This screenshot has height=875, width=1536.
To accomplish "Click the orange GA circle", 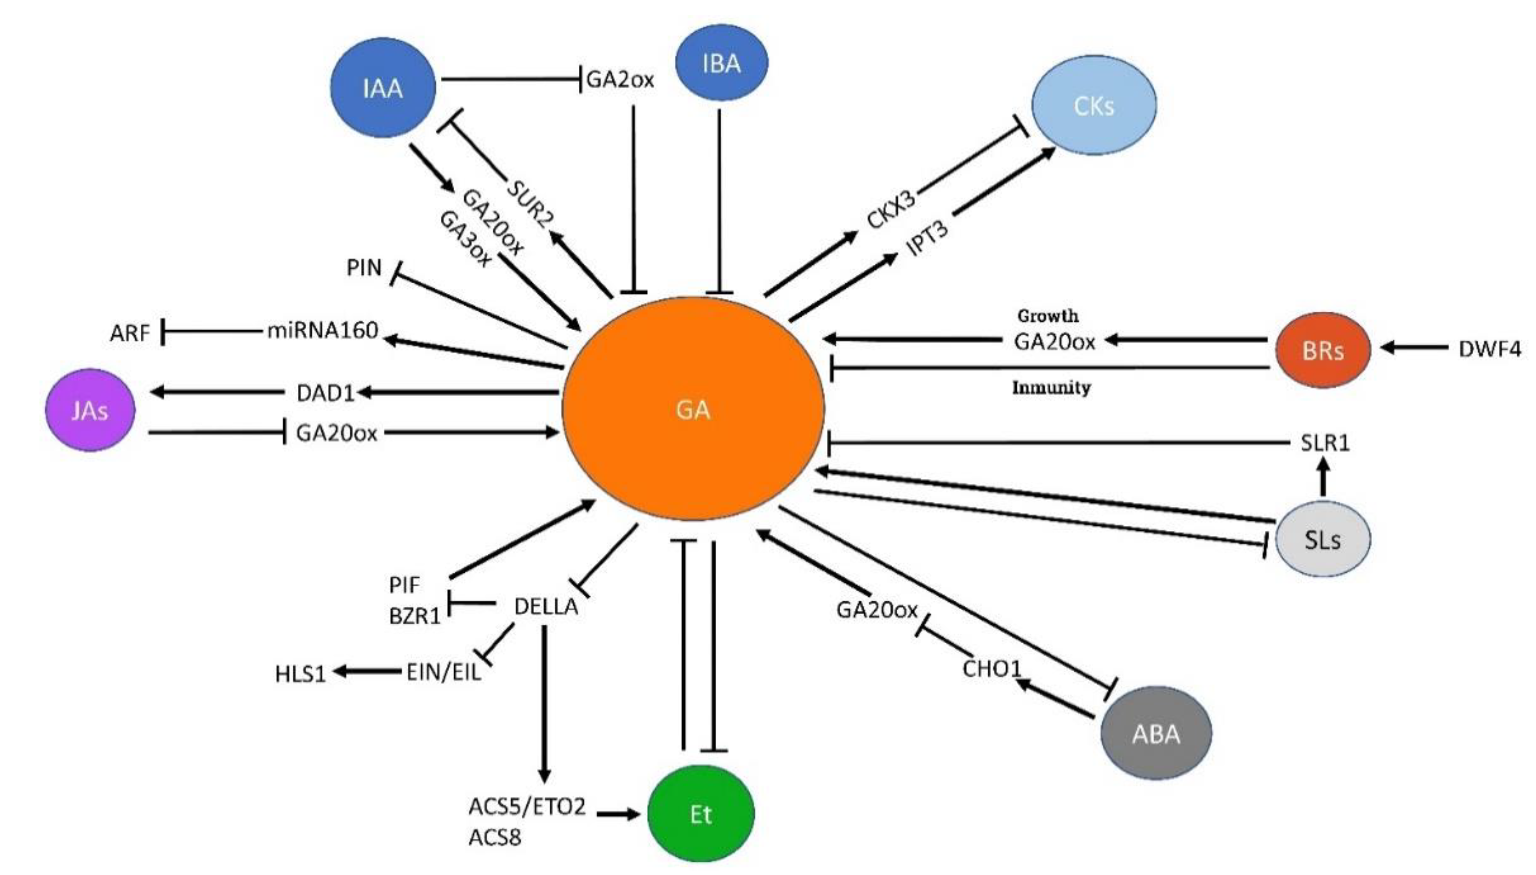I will point(693,409).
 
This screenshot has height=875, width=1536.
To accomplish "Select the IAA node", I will point(383,88).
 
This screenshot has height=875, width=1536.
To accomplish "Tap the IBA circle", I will point(721,63).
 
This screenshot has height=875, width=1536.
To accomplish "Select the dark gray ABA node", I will point(1156,733).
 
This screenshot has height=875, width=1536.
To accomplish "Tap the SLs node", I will point(1322,539).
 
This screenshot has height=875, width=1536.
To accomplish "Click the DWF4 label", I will point(1490,348).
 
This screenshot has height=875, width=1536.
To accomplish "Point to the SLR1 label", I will point(1325,443).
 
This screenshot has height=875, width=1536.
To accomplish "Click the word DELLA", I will point(546,607).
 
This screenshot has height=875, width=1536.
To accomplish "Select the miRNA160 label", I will point(323,330).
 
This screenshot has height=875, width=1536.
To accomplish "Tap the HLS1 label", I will point(300,674).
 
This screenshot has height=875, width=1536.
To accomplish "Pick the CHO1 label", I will point(992,668).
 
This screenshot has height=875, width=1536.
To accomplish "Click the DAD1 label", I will point(326,392).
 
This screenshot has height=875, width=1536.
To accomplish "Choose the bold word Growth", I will point(1048,315).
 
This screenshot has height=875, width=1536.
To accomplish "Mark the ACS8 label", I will point(495,836).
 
